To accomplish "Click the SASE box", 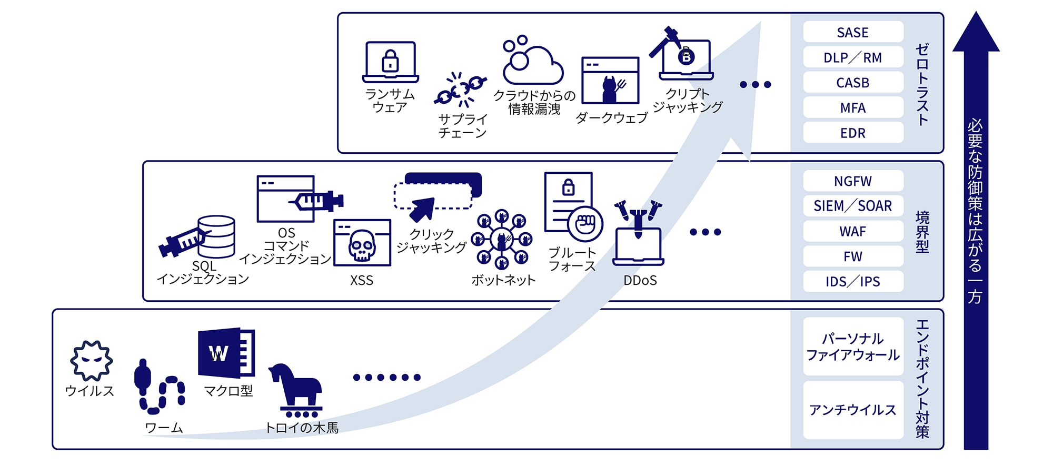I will coord(853,32).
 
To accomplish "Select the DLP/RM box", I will coord(853,57).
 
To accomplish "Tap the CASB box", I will coord(853,83).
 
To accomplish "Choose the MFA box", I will coord(853,108).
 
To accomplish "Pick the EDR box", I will coord(853,133).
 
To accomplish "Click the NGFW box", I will coord(853,181).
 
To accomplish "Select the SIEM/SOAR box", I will coord(853,206).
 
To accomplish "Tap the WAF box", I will coord(853,231).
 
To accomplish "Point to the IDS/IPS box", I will coord(853,282).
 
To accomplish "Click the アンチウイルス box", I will coord(853,410).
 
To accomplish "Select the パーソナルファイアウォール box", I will coord(853,347).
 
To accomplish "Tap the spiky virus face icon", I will coord(91,361).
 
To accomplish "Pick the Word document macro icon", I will coord(226,352).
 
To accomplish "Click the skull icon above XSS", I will coord(362,244).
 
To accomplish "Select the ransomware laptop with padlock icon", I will coord(390,62).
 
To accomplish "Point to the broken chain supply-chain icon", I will coord(460,90).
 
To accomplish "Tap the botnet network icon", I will coord(501,240).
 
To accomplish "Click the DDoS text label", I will coord(640,281).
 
